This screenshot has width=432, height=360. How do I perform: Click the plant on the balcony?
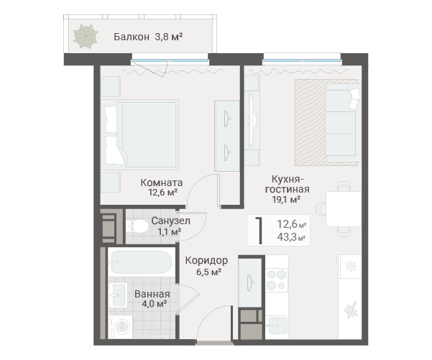(86, 37)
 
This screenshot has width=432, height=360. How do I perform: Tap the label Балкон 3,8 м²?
(148, 37)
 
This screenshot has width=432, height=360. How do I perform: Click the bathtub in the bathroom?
(140, 262)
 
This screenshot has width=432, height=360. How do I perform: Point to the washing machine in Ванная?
(120, 327)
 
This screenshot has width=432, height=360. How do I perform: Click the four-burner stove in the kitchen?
(277, 280)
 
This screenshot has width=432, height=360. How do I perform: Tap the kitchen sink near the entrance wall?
(277, 326)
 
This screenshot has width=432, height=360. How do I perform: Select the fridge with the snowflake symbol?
(350, 267)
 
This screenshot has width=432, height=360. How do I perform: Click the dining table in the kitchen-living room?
(344, 209)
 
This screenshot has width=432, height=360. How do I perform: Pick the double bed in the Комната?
(139, 134)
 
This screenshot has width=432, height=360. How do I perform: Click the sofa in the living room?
(343, 123)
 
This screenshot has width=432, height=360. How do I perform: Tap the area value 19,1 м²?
(286, 199)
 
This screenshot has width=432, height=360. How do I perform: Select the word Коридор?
(206, 260)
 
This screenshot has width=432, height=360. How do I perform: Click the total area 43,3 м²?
(291, 237)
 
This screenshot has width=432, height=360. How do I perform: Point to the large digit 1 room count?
(259, 230)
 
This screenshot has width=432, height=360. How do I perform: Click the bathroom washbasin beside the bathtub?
(118, 295)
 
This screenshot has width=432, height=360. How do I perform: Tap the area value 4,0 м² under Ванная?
(154, 304)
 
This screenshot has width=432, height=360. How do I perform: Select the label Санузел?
(171, 221)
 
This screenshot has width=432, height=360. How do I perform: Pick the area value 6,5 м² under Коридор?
(209, 272)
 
